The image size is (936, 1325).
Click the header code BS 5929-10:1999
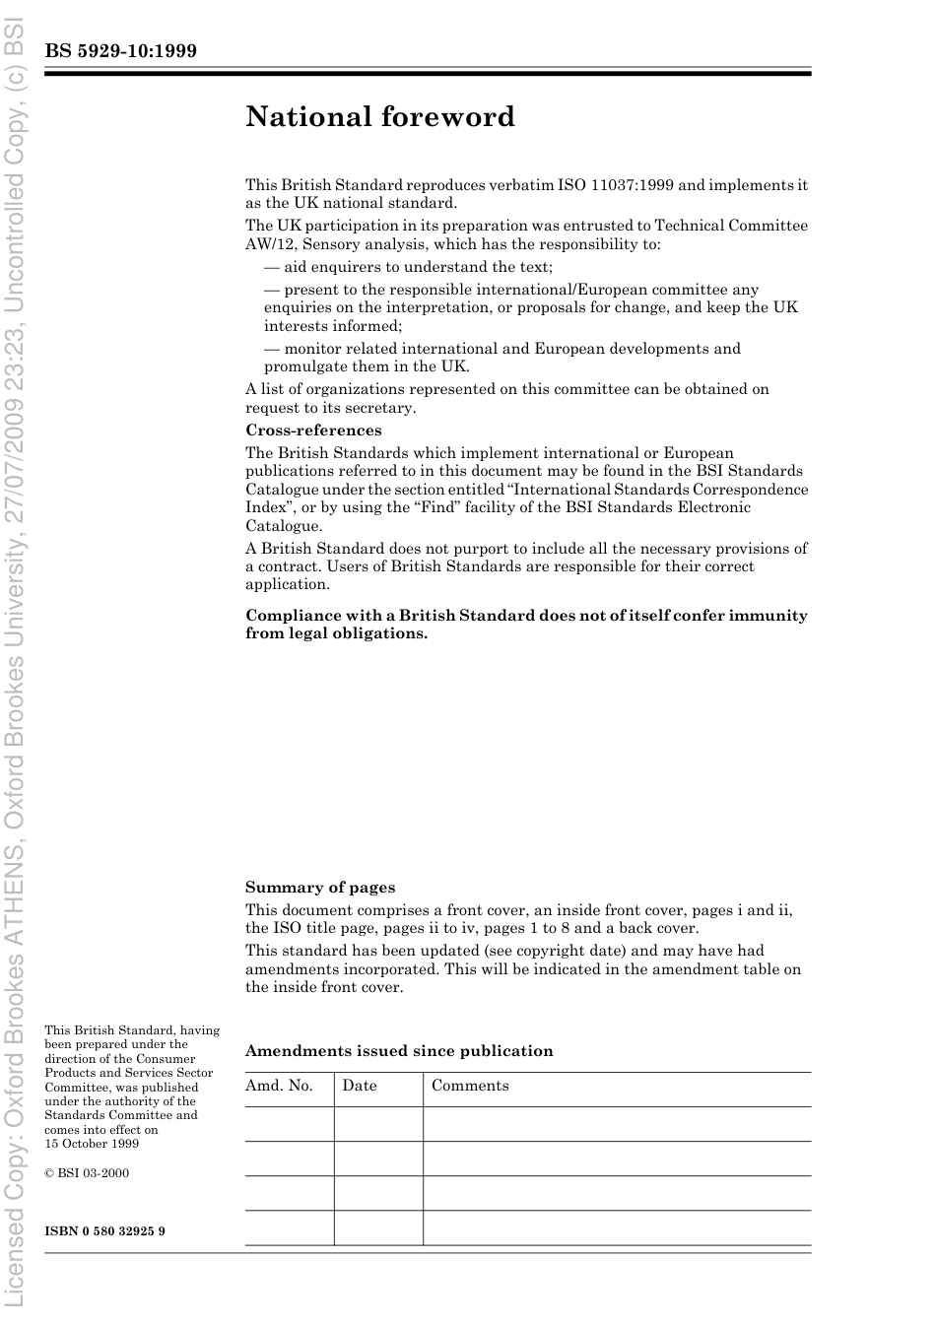point(121,51)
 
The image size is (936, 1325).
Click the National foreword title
point(380,117)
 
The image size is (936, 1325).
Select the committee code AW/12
point(269,244)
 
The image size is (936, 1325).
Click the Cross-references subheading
point(313,431)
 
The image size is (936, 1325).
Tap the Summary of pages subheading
point(320,888)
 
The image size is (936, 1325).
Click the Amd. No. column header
point(279,1086)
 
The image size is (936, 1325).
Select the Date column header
point(360,1086)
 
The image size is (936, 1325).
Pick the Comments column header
point(470,1086)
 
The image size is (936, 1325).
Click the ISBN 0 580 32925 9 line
point(105,1231)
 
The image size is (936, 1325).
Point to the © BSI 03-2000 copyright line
point(87,1173)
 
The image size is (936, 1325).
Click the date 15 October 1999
point(92,1144)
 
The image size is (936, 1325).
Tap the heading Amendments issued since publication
point(399,1051)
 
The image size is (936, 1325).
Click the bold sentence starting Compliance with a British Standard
point(526,625)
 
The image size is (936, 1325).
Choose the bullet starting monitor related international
point(502,358)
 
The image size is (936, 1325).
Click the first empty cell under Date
point(378,1124)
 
